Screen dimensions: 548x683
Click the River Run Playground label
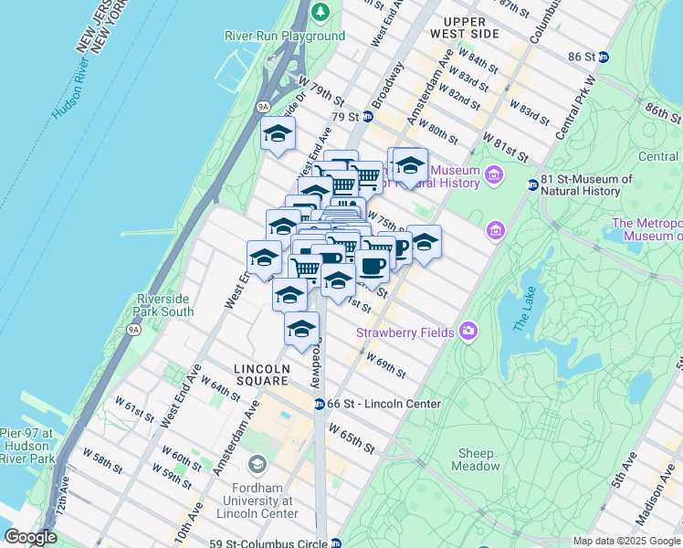(x=285, y=37)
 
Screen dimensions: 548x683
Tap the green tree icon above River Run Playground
(x=320, y=12)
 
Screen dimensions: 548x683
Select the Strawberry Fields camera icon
(x=468, y=331)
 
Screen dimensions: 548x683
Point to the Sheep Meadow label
(x=476, y=459)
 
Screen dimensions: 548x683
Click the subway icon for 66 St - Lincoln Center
(x=319, y=404)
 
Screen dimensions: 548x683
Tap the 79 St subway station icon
(x=367, y=117)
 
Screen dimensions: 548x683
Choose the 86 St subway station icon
(x=603, y=57)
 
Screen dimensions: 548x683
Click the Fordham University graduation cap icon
(x=257, y=465)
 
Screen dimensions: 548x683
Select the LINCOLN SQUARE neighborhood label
(x=262, y=369)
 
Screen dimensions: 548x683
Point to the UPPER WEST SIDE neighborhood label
(x=471, y=26)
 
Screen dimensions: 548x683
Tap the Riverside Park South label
(x=164, y=305)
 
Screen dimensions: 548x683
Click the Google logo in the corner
(x=31, y=537)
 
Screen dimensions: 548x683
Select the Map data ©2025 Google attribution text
(x=625, y=541)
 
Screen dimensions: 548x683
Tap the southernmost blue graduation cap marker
(x=301, y=330)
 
